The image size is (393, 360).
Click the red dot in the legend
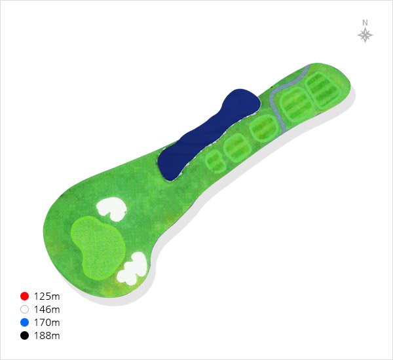coord(25,296)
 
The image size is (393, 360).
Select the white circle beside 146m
coord(25,310)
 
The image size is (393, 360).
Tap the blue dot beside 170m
coord(25,323)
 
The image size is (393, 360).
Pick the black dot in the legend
coord(25,335)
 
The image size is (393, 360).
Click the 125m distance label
coord(47,297)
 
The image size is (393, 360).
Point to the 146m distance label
coord(47,310)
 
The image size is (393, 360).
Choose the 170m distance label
coord(47,323)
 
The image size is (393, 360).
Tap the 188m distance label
coord(47,335)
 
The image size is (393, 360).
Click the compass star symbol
coord(365,35)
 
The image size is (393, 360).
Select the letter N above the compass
coord(365,23)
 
